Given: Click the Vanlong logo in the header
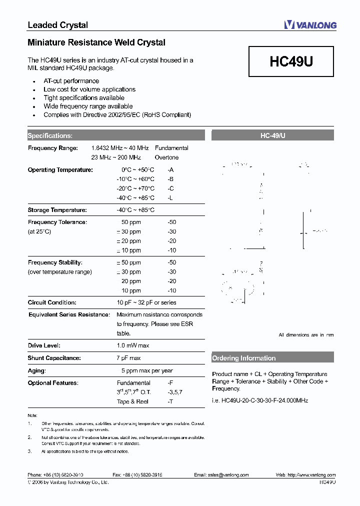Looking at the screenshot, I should click(310, 25).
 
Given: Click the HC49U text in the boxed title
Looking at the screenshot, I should click(291, 61).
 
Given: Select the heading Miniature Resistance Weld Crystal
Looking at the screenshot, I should click(96, 42).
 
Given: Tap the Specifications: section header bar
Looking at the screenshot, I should click(115, 135).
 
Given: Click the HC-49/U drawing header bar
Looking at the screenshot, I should click(272, 135).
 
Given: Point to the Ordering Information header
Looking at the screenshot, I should click(272, 358).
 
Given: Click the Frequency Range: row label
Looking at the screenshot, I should click(53, 148).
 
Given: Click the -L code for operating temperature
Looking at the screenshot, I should click(170, 198).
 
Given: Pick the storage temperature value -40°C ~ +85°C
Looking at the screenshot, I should click(135, 210).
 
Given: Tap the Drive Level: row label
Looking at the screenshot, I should click(44, 345).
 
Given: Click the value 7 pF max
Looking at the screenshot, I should click(128, 358).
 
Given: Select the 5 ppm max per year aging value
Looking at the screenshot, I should click(147, 370).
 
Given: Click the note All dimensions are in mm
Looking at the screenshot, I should click(306, 335).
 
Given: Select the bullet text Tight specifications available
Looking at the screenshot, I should click(84, 98).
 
